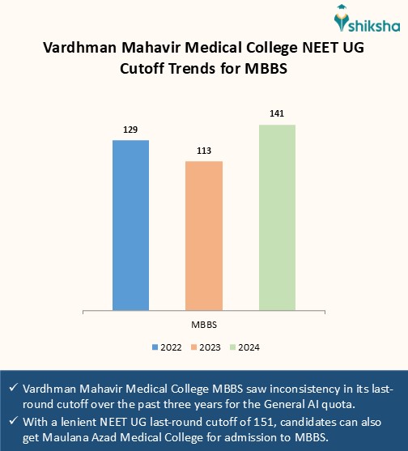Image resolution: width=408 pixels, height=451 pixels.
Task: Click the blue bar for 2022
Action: pos(130,224)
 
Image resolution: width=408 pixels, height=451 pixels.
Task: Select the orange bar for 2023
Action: pos(204,235)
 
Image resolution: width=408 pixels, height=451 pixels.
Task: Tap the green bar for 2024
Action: pos(277,216)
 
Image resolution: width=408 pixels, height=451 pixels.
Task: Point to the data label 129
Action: pos(130,130)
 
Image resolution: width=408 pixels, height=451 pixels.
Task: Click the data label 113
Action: pos(204,151)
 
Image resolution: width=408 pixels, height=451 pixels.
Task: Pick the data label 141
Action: pos(277,114)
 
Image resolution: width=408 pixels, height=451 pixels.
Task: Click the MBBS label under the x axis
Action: pos(204,324)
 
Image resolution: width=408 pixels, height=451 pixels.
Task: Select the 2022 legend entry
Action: pos(166,347)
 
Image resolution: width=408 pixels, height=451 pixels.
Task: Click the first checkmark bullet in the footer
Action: pos(12,388)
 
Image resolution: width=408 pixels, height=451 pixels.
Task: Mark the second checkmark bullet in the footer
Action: pos(12,421)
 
